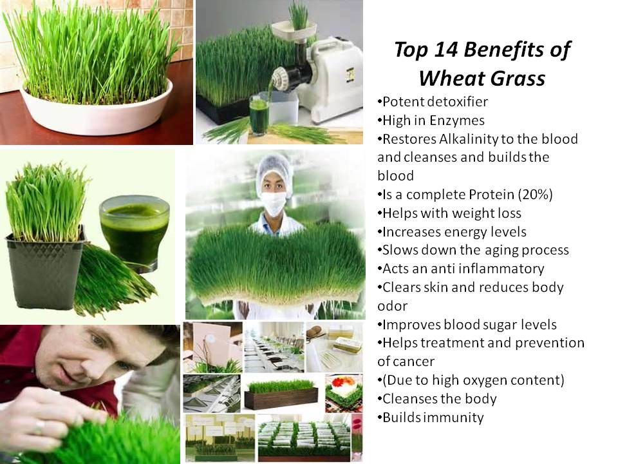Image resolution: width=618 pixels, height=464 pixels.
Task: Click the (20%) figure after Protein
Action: (x=535, y=195)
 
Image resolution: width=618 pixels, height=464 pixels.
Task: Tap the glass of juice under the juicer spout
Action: (x=259, y=115)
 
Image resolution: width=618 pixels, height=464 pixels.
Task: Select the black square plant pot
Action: (x=45, y=272)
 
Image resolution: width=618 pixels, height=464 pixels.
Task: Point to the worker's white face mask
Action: (x=274, y=203)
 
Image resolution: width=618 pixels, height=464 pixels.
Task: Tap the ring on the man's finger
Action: (x=39, y=427)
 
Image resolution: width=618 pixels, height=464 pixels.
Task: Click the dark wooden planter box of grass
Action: (x=281, y=398)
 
